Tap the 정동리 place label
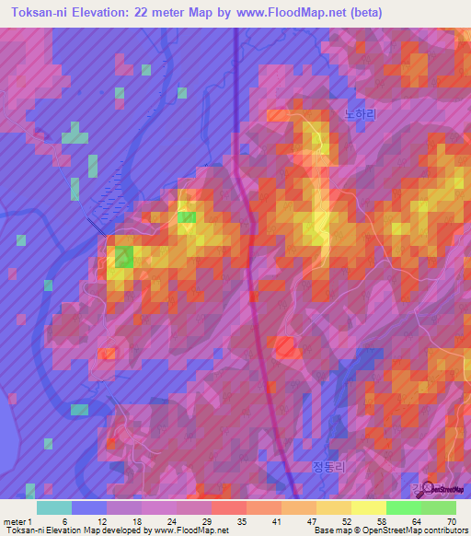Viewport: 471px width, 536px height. [330, 465]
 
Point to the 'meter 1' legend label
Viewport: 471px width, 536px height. [16, 521]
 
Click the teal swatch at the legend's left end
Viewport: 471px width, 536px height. [53, 507]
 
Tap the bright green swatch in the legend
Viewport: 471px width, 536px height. [403, 507]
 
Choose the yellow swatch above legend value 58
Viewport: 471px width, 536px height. [368, 507]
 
